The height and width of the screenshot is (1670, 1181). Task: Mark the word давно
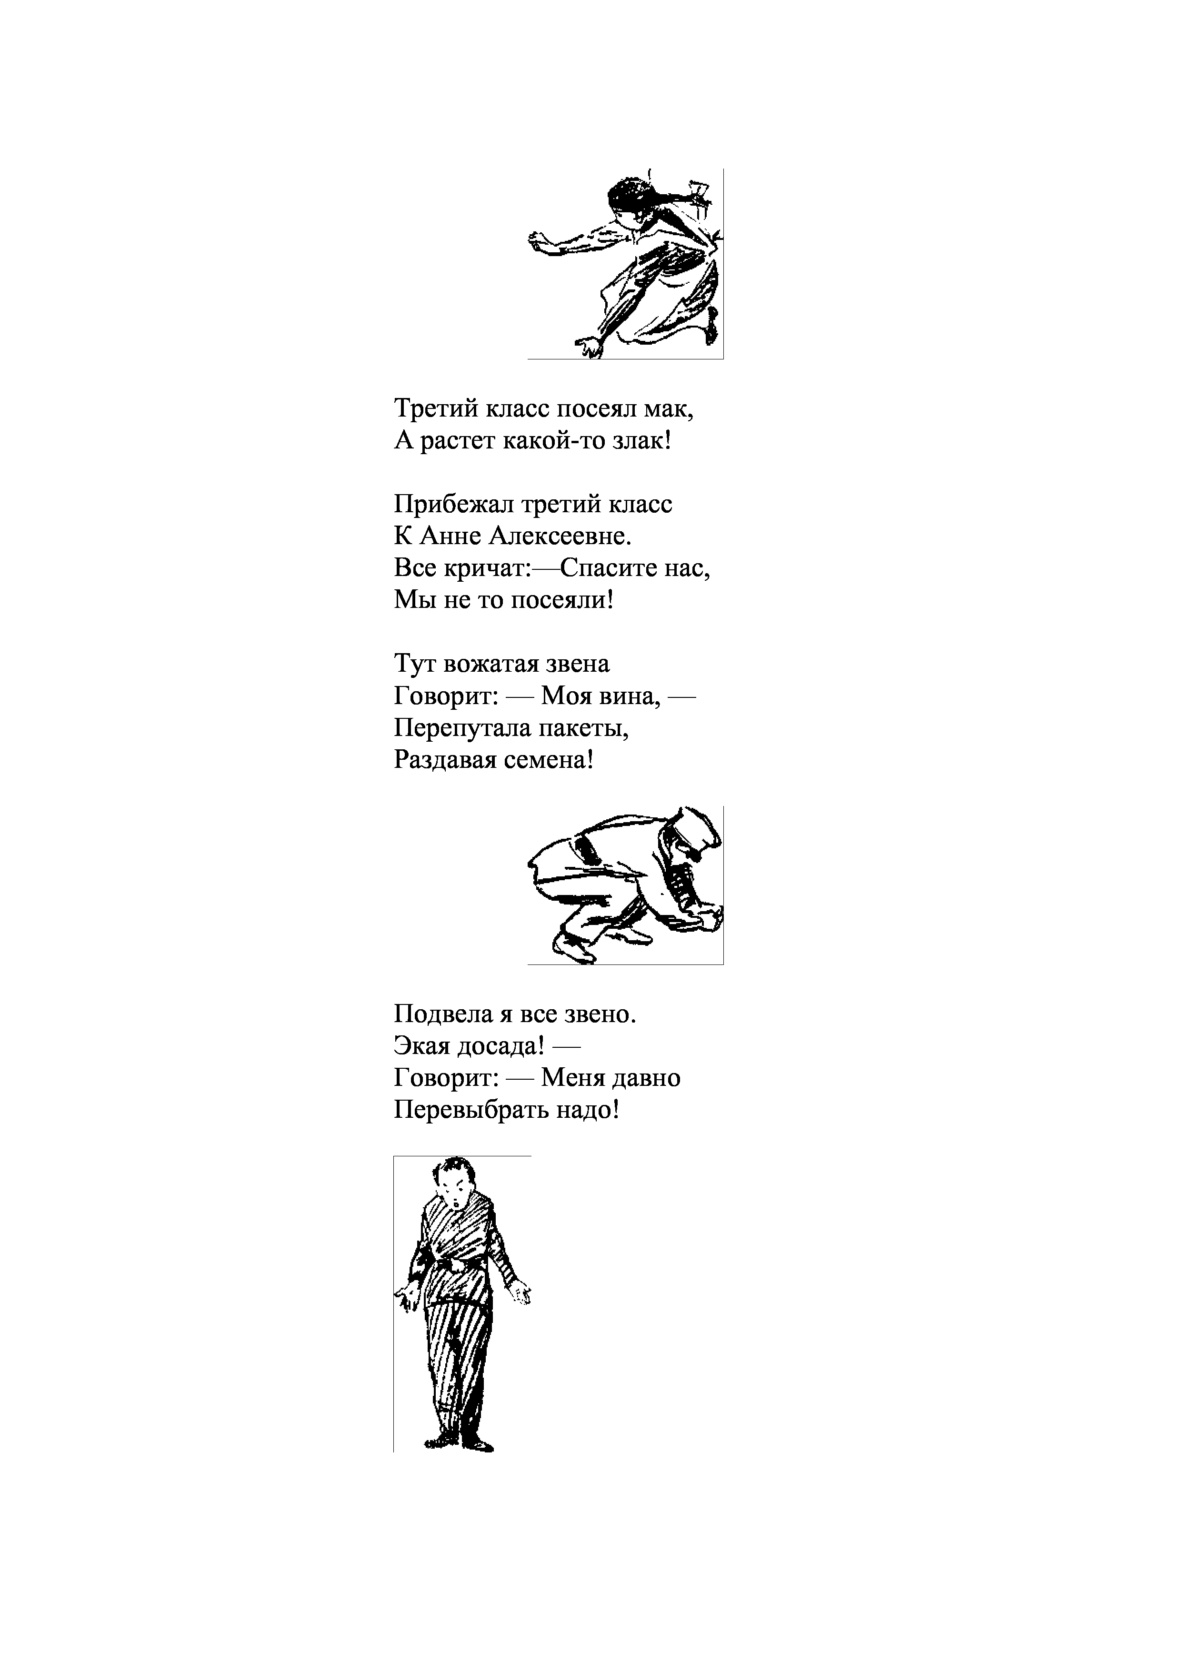[647, 1078]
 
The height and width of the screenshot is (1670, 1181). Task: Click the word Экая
[421, 1046]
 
